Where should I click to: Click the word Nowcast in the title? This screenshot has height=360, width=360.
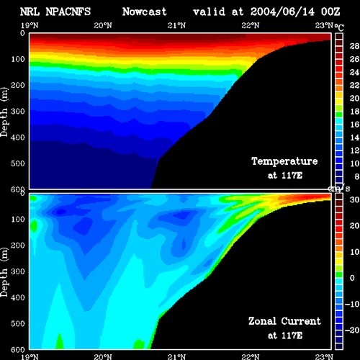(144, 12)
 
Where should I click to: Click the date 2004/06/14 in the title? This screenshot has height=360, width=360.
(282, 12)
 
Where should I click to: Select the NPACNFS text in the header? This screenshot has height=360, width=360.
(68, 12)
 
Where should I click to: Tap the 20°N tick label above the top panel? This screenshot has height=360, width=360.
(103, 25)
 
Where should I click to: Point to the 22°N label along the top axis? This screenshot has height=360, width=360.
(251, 25)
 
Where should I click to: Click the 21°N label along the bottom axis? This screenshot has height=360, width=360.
(176, 357)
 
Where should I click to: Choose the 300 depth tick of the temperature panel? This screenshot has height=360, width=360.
(18, 112)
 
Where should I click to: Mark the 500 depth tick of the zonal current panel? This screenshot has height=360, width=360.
(18, 323)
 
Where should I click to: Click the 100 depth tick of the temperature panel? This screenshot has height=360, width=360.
(18, 59)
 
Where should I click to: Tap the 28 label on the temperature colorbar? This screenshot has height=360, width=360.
(354, 46)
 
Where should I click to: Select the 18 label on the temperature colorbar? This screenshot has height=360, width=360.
(354, 112)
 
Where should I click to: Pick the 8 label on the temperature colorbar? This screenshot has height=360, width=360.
(356, 176)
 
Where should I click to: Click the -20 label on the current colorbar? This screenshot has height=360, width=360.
(352, 330)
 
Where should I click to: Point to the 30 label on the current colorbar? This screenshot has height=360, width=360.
(354, 199)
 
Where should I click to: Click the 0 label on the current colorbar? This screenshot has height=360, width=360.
(352, 278)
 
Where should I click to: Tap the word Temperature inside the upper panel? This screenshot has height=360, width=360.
(284, 161)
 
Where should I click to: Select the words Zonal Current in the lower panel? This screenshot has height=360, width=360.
(284, 321)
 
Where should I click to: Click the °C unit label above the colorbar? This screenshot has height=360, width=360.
(339, 27)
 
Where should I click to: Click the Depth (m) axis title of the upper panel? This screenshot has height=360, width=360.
(4, 112)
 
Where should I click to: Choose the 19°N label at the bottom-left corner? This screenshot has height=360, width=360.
(30, 357)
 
